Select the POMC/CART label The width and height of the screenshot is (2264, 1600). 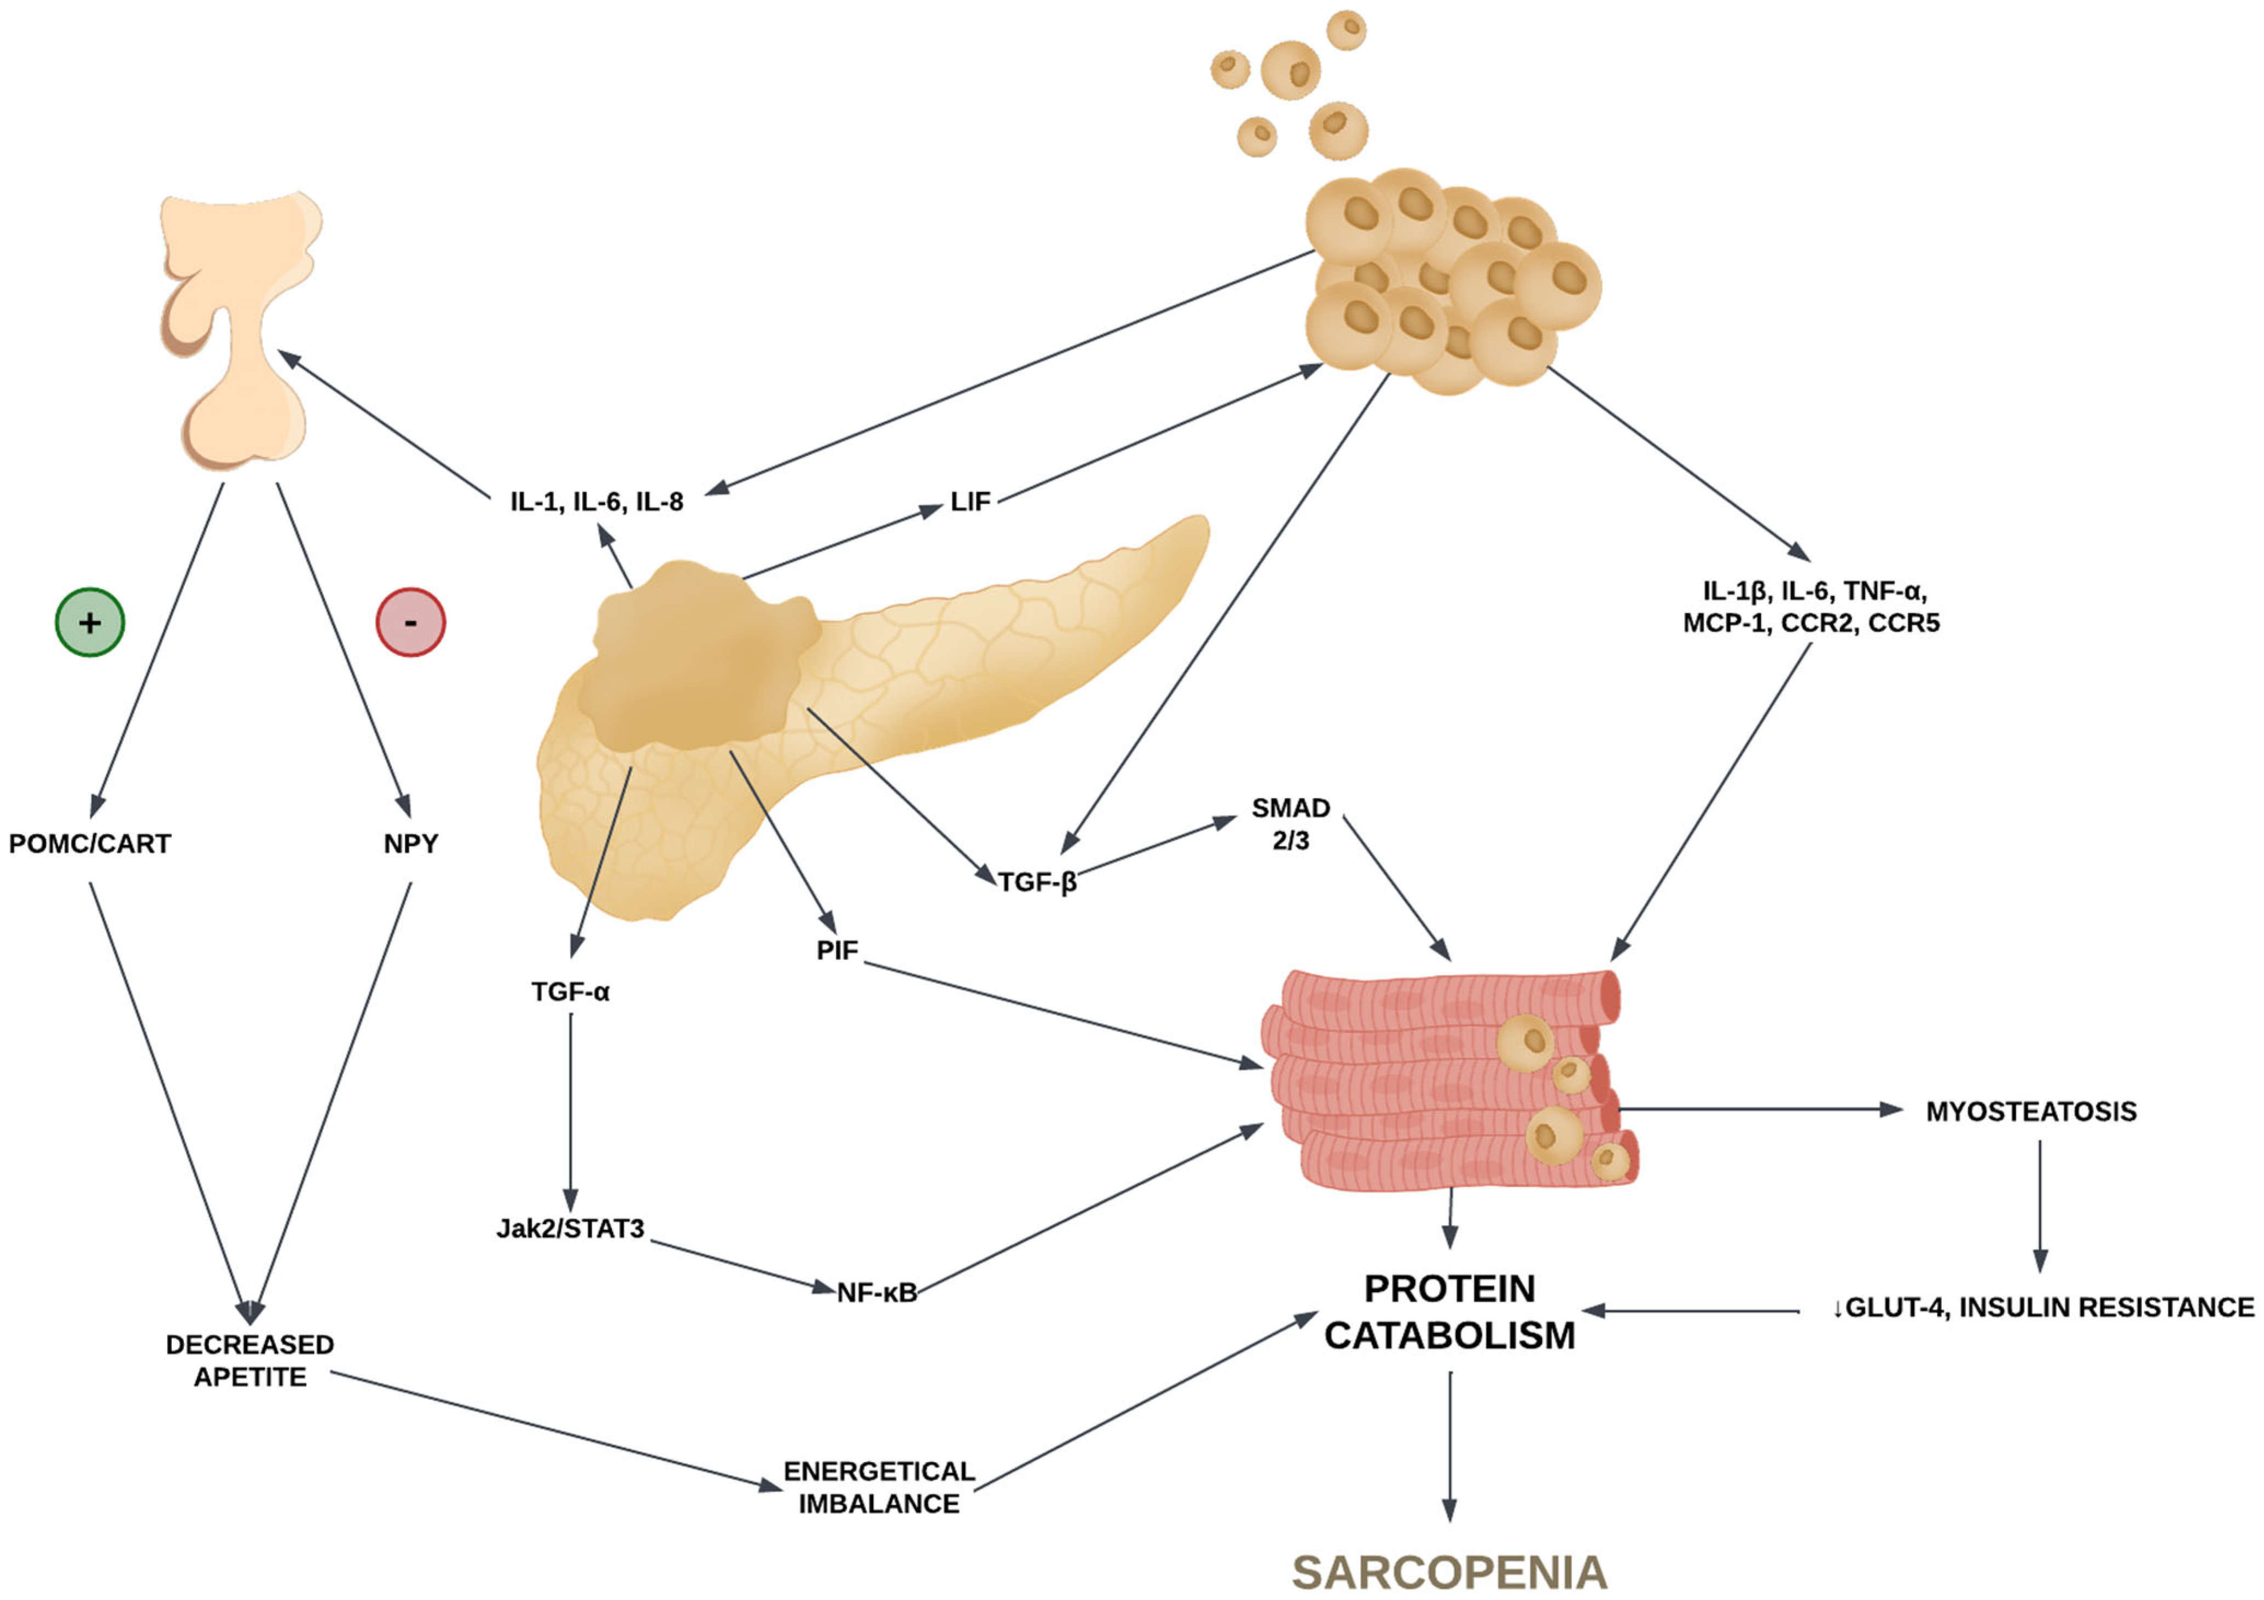pos(90,844)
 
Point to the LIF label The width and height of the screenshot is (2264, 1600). pos(970,502)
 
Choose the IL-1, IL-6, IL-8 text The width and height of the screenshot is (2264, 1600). pos(596,502)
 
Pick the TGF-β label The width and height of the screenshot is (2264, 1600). pos(1037,881)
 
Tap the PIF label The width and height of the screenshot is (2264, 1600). pos(837,950)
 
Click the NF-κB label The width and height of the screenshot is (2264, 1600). pos(876,1293)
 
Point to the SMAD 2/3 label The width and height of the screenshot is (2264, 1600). pos(1291,823)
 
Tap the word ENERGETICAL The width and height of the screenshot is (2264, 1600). pos(879,1471)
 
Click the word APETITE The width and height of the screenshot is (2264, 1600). pos(249,1377)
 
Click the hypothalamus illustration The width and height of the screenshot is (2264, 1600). pos(242,325)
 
